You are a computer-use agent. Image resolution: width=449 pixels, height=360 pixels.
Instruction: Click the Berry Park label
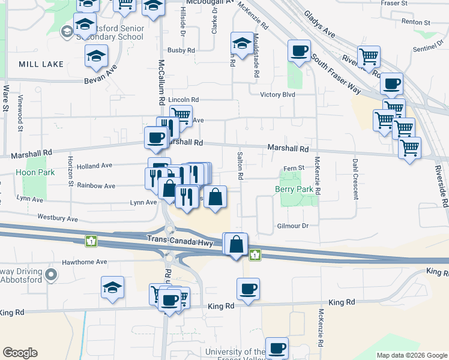pos(294,189)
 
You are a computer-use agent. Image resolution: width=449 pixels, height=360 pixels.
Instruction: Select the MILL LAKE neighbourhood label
pos(41,64)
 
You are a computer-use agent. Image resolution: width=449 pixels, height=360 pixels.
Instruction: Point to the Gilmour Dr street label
pos(292,226)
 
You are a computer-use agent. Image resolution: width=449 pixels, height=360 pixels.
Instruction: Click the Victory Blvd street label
pos(277,95)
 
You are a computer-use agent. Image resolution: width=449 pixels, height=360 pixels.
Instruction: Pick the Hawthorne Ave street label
pos(85,262)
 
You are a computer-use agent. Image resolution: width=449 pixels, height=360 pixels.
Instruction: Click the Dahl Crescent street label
pos(355,179)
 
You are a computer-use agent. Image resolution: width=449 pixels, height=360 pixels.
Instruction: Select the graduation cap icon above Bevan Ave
pos(96,56)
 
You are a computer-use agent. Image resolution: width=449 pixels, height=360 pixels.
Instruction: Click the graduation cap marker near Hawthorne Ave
pos(112,287)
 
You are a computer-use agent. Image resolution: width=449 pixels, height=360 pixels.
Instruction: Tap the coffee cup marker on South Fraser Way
pos(298,50)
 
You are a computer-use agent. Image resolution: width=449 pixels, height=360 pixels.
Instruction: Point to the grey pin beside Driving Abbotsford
pos(51,275)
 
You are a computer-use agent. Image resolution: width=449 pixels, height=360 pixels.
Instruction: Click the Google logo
pos(20,353)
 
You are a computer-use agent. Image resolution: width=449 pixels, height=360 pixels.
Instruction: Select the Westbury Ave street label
pos(58,218)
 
